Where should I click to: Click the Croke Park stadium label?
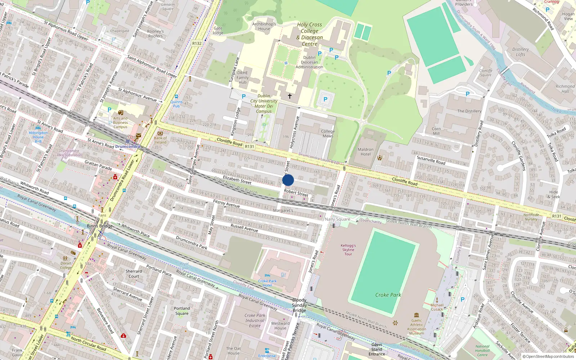tap(388, 295)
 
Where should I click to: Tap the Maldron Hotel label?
tap(365, 152)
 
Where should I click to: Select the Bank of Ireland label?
tap(160, 140)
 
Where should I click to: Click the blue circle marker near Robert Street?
tap(288, 180)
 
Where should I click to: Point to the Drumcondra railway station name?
tap(127, 147)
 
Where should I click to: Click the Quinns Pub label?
tap(176, 104)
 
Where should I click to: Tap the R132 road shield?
tap(197, 43)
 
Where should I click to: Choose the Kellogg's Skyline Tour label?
tap(348, 249)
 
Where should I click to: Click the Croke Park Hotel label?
tap(267, 283)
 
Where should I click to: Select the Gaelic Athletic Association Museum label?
tap(417, 327)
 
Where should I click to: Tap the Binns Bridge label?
tap(100, 226)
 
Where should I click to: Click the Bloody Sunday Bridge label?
tap(299, 305)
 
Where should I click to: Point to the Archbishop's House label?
tap(264, 26)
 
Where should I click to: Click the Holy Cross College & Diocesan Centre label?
tap(310, 34)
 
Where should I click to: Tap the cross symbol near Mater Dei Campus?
tap(290, 96)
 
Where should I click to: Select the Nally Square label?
tap(337, 219)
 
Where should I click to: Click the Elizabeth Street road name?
tap(237, 180)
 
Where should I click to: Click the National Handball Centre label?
tap(482, 351)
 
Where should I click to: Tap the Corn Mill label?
tap(436, 131)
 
